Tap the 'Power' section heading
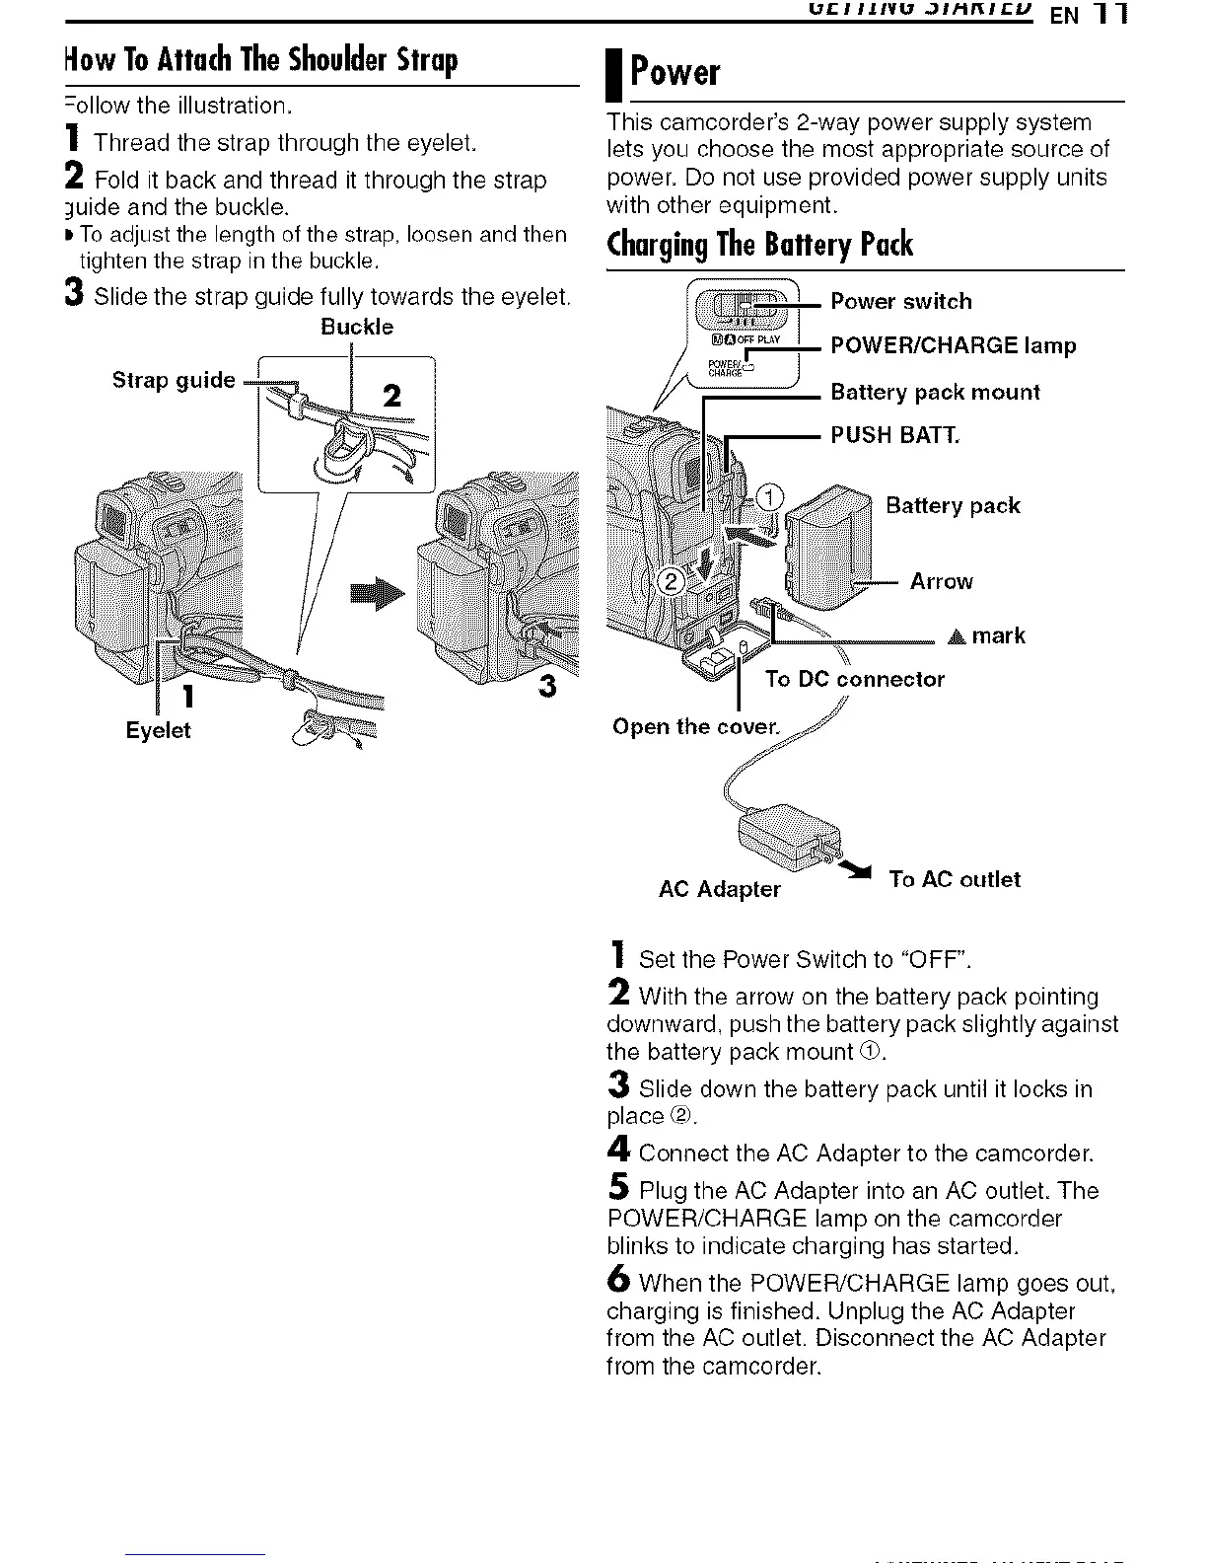point(675,72)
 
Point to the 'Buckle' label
point(357,327)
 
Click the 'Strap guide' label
point(174,381)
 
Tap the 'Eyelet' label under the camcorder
point(158,730)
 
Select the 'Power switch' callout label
point(901,301)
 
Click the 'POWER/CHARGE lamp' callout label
point(954,345)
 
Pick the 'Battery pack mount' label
point(935,392)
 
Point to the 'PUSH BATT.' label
point(894,435)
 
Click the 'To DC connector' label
point(855,679)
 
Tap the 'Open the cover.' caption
point(695,727)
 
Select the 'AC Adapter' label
point(719,889)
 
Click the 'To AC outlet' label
point(955,879)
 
